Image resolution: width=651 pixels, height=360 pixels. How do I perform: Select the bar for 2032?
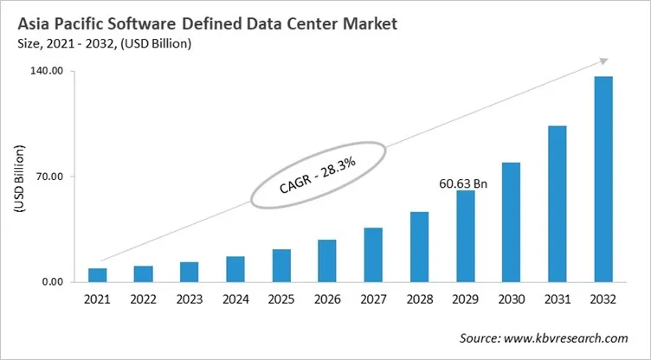(x=603, y=179)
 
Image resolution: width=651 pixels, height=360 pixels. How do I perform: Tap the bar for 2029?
(x=466, y=236)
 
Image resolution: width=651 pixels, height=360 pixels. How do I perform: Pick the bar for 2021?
(x=98, y=275)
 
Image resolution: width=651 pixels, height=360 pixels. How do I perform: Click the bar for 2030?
(x=512, y=222)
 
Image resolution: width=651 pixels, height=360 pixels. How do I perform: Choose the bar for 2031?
(x=558, y=204)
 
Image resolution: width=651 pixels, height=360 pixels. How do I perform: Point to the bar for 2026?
(x=327, y=260)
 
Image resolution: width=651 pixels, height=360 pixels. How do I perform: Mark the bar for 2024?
(x=235, y=269)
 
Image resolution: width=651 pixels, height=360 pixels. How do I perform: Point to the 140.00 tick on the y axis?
(x=46, y=72)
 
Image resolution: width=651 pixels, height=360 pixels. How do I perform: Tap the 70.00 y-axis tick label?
(x=48, y=177)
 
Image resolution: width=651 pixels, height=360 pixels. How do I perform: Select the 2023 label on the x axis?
(x=190, y=299)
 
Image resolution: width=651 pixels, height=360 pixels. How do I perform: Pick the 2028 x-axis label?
(x=420, y=299)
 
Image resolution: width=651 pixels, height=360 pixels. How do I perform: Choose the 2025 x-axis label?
(x=281, y=299)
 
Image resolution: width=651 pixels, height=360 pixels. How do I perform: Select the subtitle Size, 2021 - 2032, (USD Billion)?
(x=105, y=42)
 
